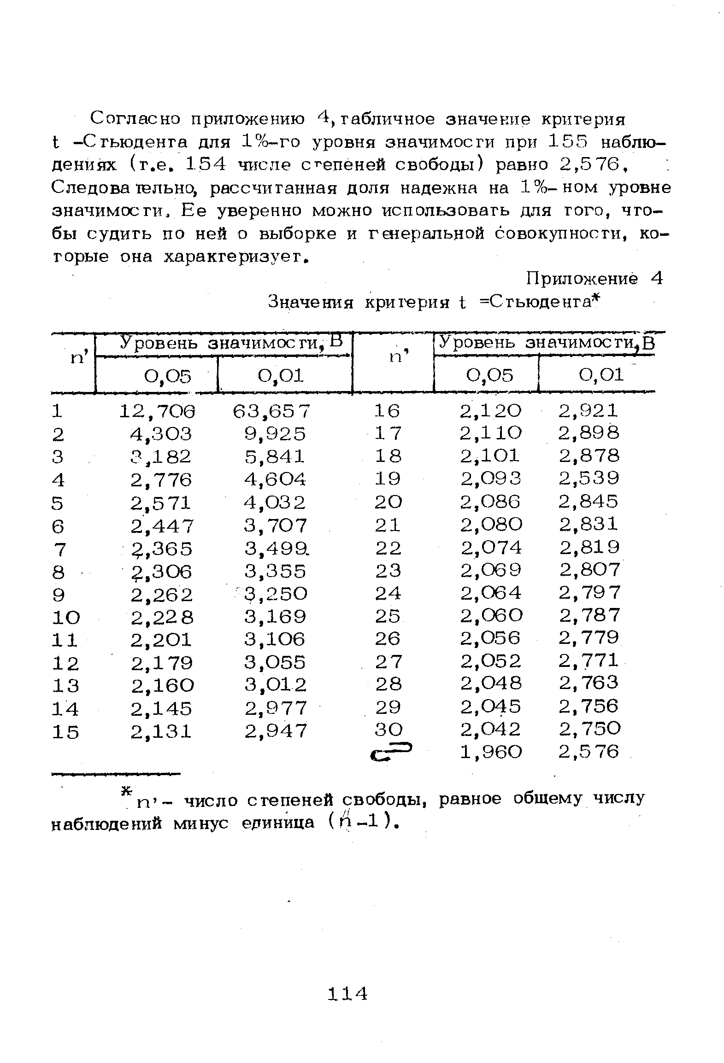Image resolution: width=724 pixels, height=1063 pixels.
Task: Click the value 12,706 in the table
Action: (x=157, y=411)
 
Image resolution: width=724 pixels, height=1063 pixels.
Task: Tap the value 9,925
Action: (x=275, y=434)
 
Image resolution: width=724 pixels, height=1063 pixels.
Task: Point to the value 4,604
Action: (x=275, y=479)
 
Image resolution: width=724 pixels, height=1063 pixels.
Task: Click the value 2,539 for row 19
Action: (x=589, y=479)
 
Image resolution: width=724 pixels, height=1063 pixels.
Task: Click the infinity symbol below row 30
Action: (x=393, y=752)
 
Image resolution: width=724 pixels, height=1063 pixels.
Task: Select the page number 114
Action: (x=347, y=993)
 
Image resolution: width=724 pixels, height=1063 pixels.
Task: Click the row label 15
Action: (x=65, y=731)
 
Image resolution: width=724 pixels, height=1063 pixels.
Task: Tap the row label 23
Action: (x=388, y=571)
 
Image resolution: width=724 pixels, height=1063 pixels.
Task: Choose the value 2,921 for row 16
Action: (x=589, y=411)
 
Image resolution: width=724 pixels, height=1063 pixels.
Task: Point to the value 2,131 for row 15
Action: (x=161, y=731)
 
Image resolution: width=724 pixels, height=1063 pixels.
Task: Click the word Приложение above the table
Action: (x=583, y=279)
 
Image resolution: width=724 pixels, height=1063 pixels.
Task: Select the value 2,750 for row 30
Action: (x=590, y=729)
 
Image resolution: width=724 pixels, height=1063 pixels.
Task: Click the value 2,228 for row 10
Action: (x=162, y=617)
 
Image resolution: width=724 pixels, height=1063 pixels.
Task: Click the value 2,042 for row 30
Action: (x=491, y=729)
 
